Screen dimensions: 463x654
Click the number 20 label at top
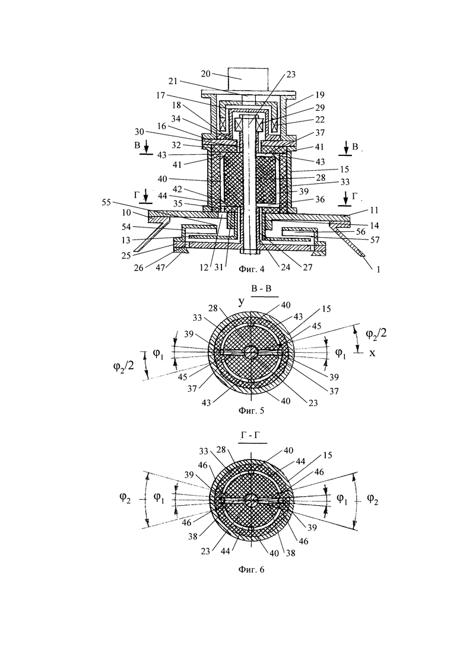coord(206,74)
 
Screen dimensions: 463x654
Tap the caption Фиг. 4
coord(251,269)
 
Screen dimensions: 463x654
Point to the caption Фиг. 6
coord(251,569)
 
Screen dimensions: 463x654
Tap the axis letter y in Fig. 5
coord(241,302)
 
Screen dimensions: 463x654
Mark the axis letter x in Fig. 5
coord(372,353)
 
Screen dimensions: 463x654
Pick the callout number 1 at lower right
coord(378,270)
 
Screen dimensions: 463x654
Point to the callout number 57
coord(375,240)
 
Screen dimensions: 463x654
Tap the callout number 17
coord(161,95)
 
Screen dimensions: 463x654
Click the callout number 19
coord(320,95)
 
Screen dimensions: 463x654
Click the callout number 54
coord(126,226)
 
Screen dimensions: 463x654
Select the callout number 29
coord(320,107)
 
